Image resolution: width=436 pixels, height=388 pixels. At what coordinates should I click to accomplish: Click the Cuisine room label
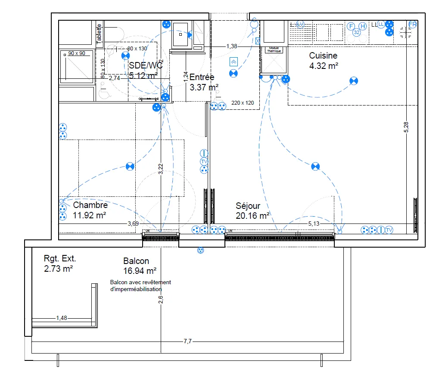[323, 56]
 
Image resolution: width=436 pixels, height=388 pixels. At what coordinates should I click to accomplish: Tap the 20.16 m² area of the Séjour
[252, 215]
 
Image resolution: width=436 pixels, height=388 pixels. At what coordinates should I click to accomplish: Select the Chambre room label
[90, 205]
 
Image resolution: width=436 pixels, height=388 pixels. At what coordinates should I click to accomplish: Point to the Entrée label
[202, 78]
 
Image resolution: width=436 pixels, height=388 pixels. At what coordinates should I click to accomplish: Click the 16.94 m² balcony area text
[139, 271]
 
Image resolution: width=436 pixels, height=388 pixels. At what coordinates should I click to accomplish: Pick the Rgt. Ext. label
[60, 259]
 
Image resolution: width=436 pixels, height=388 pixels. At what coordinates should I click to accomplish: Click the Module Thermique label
[274, 50]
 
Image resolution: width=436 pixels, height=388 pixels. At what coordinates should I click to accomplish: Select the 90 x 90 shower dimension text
[77, 53]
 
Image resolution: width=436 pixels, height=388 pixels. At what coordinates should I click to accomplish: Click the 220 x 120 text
[243, 103]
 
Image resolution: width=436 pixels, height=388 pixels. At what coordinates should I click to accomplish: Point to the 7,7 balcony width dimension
[187, 341]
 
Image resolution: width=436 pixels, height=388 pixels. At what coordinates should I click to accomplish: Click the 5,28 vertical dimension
[406, 127]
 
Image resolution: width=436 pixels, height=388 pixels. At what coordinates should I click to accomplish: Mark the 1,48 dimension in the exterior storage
[62, 318]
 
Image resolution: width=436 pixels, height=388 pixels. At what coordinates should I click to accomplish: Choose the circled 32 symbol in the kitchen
[356, 32]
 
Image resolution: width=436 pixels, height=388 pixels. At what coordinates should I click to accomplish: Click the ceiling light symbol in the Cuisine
[353, 81]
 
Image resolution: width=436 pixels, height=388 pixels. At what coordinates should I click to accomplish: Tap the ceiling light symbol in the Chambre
[130, 167]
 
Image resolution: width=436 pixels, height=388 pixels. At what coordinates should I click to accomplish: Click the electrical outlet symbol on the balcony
[200, 250]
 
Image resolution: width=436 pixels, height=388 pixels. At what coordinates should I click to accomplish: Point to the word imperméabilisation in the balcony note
[136, 289]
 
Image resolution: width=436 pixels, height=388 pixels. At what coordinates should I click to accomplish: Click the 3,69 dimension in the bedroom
[133, 223]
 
